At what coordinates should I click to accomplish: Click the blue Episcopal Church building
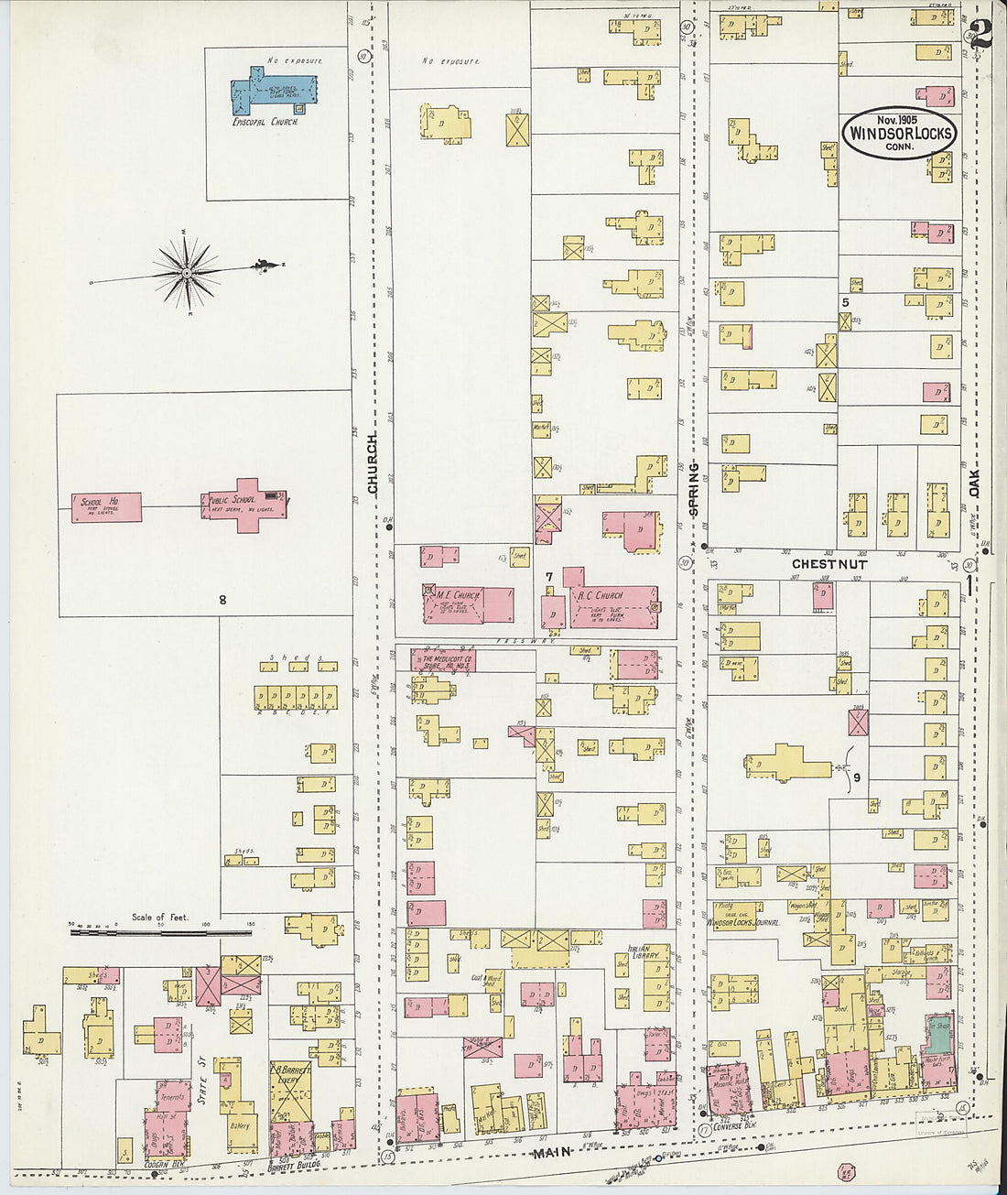point(273,92)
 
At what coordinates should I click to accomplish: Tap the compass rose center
point(187,272)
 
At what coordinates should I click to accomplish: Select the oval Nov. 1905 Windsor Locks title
point(900,134)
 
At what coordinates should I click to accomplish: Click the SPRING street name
point(694,489)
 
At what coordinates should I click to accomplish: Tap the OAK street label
point(974,484)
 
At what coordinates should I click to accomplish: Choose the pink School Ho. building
point(106,507)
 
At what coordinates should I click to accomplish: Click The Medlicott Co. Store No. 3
point(445,660)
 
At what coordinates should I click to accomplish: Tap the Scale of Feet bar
point(160,933)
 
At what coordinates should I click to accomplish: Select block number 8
point(222,601)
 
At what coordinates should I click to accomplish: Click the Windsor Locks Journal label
point(743,923)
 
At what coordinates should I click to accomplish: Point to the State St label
point(203,1089)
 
